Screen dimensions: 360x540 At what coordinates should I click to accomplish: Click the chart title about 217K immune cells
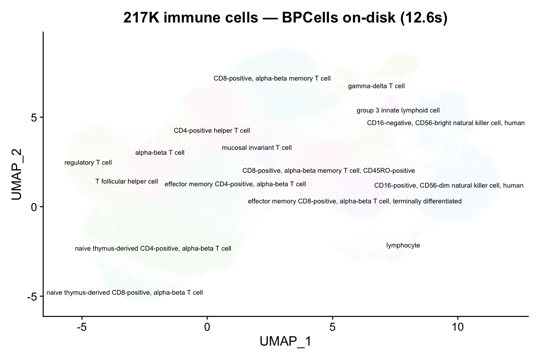pyautogui.click(x=285, y=18)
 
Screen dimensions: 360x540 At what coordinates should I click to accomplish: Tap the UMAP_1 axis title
pyautogui.click(x=285, y=342)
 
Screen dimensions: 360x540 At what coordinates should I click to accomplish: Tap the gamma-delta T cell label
pyautogui.click(x=376, y=86)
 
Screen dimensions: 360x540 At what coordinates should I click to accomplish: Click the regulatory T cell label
pyautogui.click(x=88, y=162)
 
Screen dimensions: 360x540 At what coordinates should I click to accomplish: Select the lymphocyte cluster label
pyautogui.click(x=403, y=246)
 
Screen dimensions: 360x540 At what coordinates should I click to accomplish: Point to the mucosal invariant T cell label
pyautogui.click(x=256, y=148)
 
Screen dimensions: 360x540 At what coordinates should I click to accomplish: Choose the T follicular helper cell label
pyautogui.click(x=127, y=181)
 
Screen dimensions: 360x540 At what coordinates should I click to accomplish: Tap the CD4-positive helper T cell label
pyautogui.click(x=212, y=130)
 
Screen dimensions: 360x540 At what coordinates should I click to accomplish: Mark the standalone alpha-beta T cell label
pyautogui.click(x=160, y=153)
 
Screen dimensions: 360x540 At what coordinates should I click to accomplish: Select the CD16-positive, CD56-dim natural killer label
pyautogui.click(x=449, y=185)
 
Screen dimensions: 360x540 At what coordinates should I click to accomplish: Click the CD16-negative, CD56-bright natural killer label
pyautogui.click(x=446, y=123)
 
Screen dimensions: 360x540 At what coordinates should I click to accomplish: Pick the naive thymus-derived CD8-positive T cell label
pyautogui.click(x=125, y=292)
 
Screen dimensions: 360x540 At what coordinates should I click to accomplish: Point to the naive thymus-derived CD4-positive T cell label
pyautogui.click(x=153, y=248)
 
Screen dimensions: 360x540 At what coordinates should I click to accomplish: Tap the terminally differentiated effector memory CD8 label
pyautogui.click(x=355, y=201)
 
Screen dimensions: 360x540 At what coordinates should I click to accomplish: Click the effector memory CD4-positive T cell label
pyautogui.click(x=235, y=184)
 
